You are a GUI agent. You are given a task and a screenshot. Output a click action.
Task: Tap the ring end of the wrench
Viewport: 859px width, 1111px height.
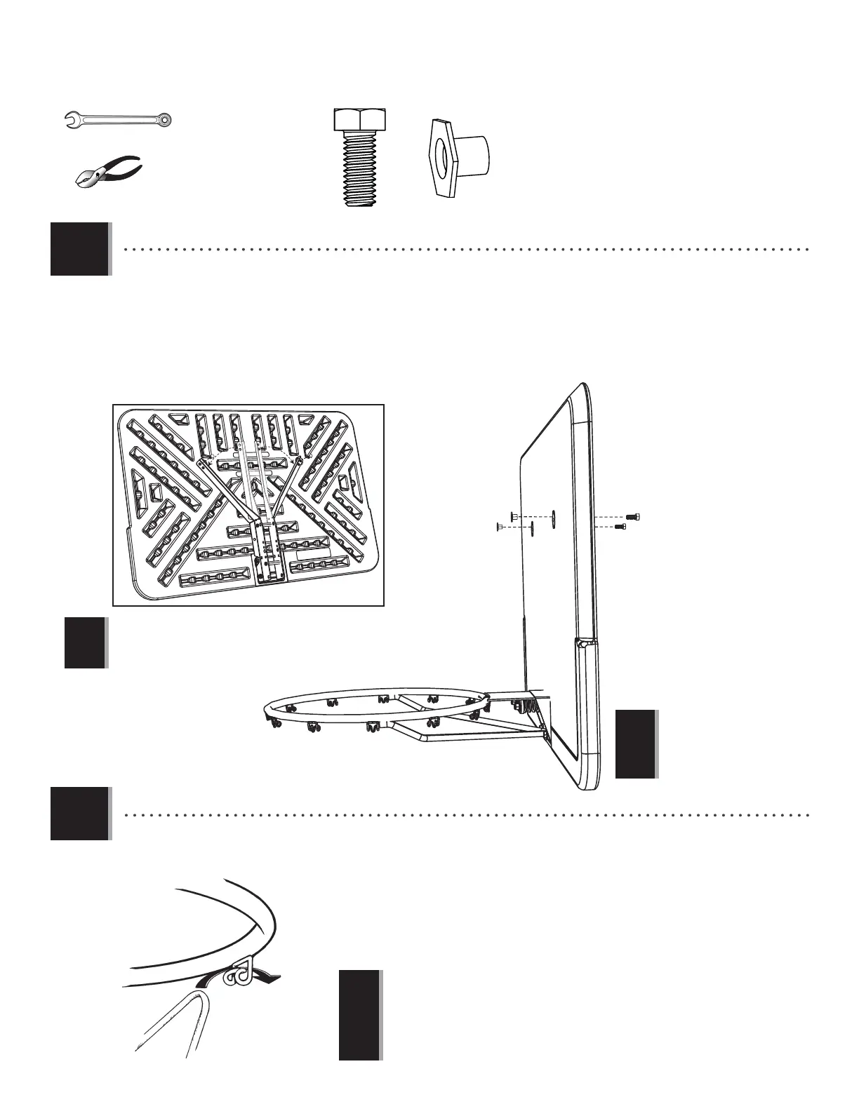click(x=164, y=121)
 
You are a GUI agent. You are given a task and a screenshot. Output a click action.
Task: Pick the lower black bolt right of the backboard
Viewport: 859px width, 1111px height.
click(x=620, y=526)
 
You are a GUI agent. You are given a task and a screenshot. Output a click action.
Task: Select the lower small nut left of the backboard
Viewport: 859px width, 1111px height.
click(x=500, y=526)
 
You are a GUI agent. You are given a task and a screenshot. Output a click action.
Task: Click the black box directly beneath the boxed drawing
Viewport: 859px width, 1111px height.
click(x=86, y=642)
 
